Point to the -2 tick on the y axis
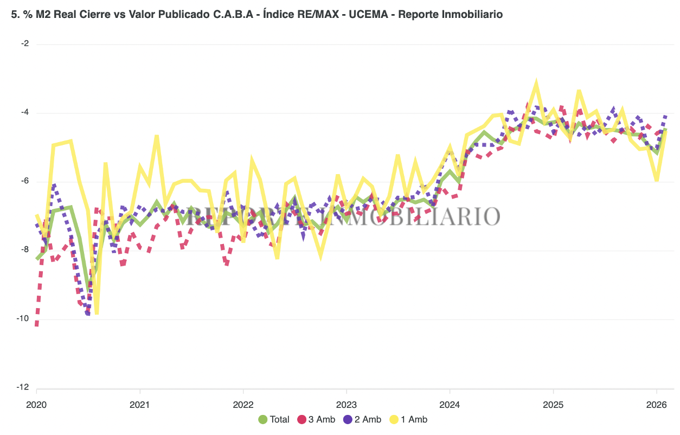pos(25,44)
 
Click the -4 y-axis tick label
pos(25,113)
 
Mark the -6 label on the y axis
pos(25,182)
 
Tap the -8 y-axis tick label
pos(25,250)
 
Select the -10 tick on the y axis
pos(23,319)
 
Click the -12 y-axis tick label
pos(23,388)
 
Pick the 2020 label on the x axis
pos(37,404)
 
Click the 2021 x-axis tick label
pos(140,404)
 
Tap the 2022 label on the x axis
pos(243,404)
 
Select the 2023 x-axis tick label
pos(347,404)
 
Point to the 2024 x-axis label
pos(450,404)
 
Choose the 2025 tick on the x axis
pos(553,404)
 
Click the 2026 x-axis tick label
pos(656,404)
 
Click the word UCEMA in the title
pos(369,15)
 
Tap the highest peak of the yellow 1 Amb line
pos(536,82)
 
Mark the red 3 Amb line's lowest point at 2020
pos(36,325)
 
